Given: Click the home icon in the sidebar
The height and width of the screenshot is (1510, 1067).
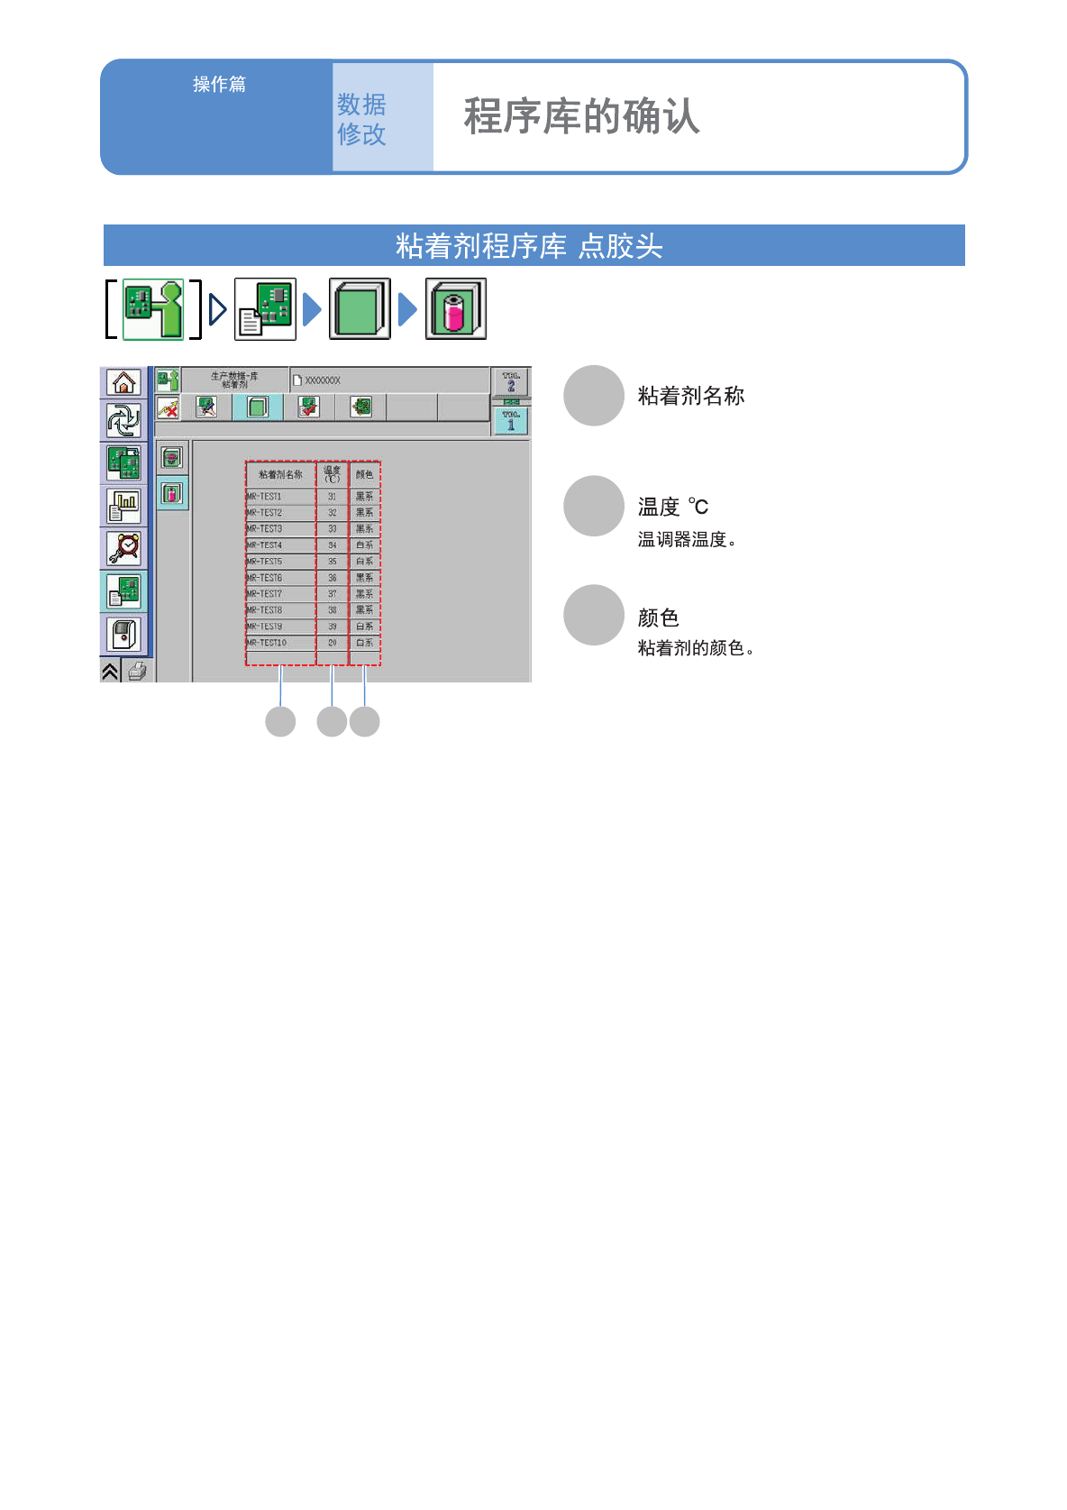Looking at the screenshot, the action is click(x=123, y=382).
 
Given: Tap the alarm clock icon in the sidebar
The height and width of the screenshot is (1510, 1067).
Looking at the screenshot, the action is click(x=123, y=547).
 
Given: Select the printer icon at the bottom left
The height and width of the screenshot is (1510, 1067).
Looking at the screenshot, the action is click(x=137, y=671).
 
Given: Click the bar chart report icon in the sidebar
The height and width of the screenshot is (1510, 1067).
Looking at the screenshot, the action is click(x=123, y=506).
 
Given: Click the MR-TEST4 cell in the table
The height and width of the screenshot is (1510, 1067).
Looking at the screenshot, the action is click(x=280, y=545).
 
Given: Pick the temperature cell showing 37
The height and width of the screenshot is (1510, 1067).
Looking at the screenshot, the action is click(x=332, y=594).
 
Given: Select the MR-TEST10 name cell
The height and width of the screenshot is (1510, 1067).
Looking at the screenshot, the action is click(x=280, y=643).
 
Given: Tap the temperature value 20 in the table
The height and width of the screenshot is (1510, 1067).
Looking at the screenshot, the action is click(x=332, y=643).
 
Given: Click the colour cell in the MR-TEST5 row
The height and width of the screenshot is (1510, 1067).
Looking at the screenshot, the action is click(x=364, y=562).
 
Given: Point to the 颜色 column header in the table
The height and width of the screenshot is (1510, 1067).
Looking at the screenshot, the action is click(x=364, y=474).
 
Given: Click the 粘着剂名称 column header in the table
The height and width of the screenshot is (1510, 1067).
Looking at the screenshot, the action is click(x=280, y=474).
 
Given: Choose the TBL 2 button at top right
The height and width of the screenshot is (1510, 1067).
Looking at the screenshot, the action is click(x=511, y=381).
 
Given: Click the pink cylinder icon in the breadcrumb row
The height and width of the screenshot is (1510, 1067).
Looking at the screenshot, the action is click(x=456, y=309).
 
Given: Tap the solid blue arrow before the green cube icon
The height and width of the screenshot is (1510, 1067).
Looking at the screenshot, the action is click(x=312, y=309).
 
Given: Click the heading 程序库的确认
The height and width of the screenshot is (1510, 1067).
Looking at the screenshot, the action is click(x=581, y=116).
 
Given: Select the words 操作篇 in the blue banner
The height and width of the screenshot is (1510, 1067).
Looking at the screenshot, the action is click(x=219, y=84).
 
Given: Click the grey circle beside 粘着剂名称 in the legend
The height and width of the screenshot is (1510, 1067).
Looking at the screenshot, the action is click(x=594, y=396).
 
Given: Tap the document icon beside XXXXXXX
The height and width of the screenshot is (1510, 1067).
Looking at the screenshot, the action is click(x=297, y=380).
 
